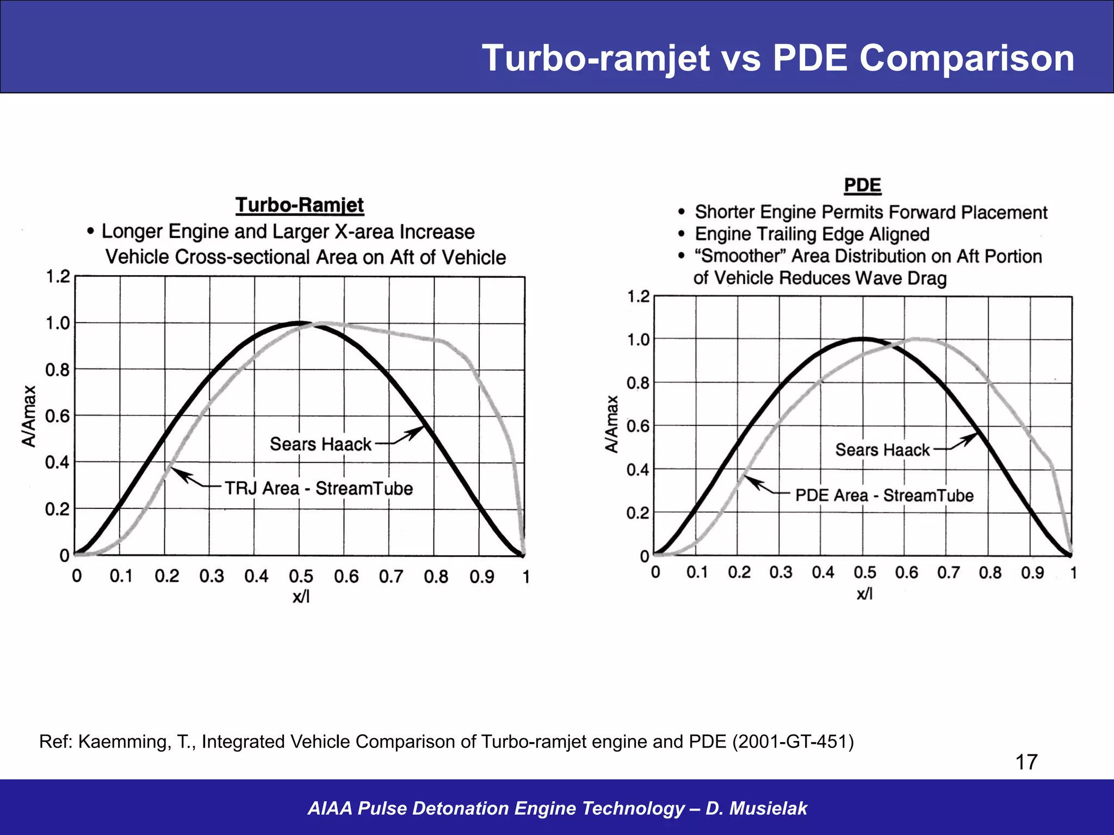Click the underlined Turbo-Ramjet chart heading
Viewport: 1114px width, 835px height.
(x=300, y=205)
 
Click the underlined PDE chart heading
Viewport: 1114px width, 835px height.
(x=862, y=186)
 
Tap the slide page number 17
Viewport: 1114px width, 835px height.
(x=1026, y=762)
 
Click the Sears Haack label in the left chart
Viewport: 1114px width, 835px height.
(x=320, y=444)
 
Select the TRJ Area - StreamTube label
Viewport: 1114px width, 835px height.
(x=319, y=488)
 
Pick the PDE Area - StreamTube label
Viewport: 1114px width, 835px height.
(x=884, y=495)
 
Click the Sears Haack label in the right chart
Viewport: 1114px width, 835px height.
(x=882, y=450)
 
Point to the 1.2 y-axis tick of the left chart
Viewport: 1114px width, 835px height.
(x=58, y=277)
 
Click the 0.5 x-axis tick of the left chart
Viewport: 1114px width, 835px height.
(x=301, y=576)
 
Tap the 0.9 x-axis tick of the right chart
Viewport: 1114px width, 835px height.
(x=1032, y=572)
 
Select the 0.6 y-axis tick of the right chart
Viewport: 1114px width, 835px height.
(x=638, y=426)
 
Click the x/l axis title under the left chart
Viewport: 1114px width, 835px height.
(x=301, y=597)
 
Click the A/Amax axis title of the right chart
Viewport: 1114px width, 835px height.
(x=612, y=424)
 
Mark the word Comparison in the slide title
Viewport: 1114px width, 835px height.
(x=967, y=58)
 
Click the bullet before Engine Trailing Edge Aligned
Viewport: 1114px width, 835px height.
(x=682, y=234)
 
